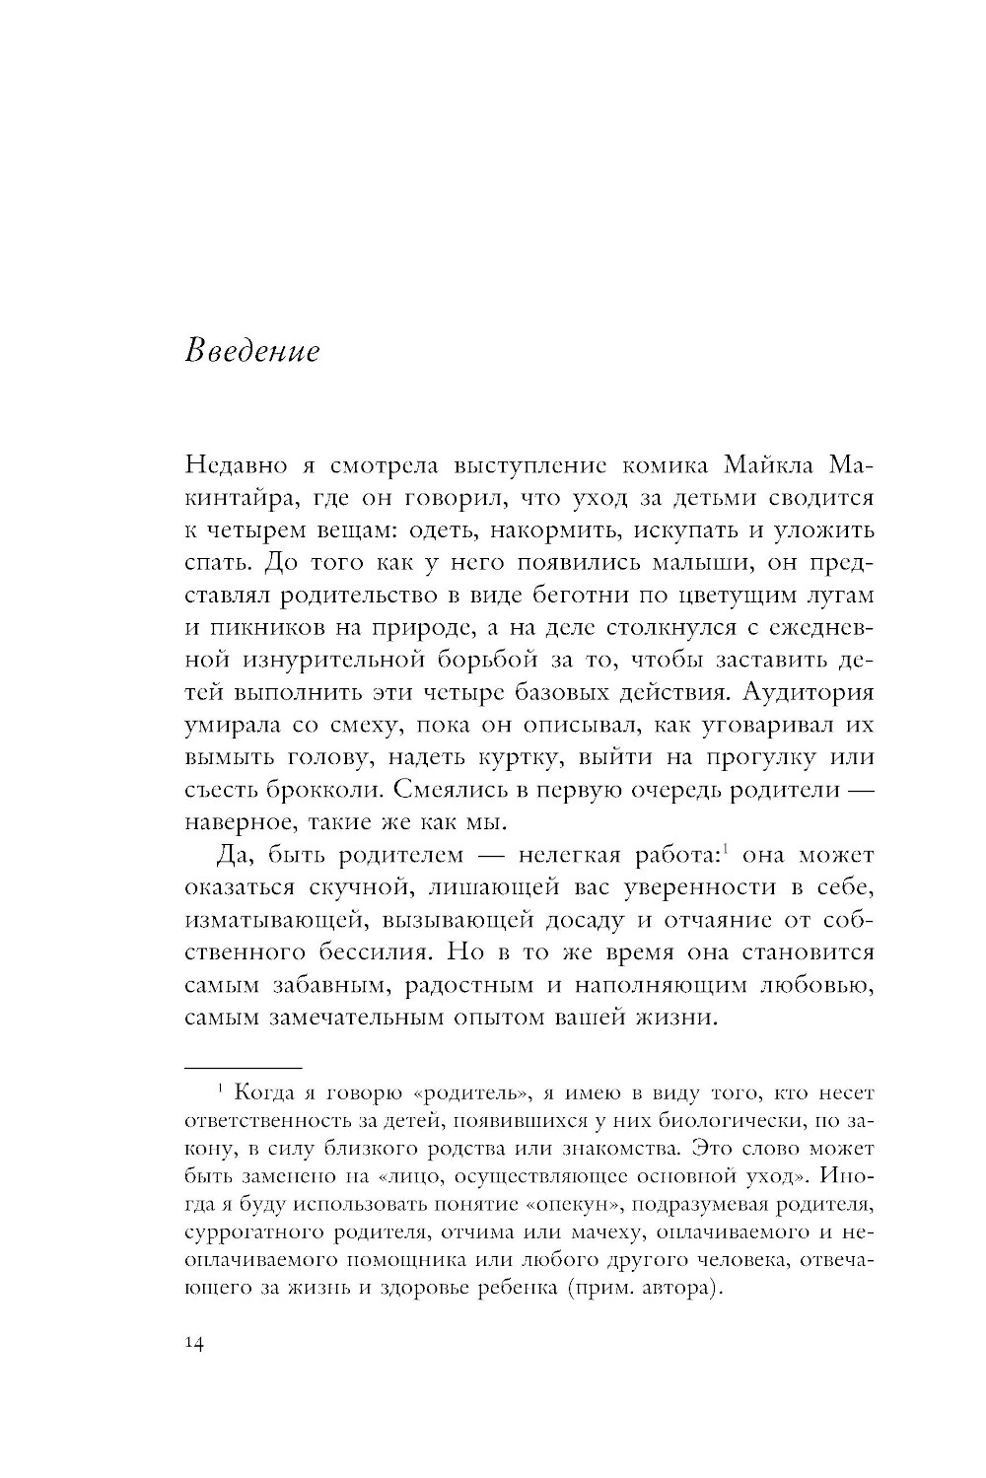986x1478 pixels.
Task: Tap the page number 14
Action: [193, 1347]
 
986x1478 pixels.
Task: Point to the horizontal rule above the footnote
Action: [243, 1068]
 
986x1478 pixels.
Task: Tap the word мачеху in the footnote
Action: [677, 1232]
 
